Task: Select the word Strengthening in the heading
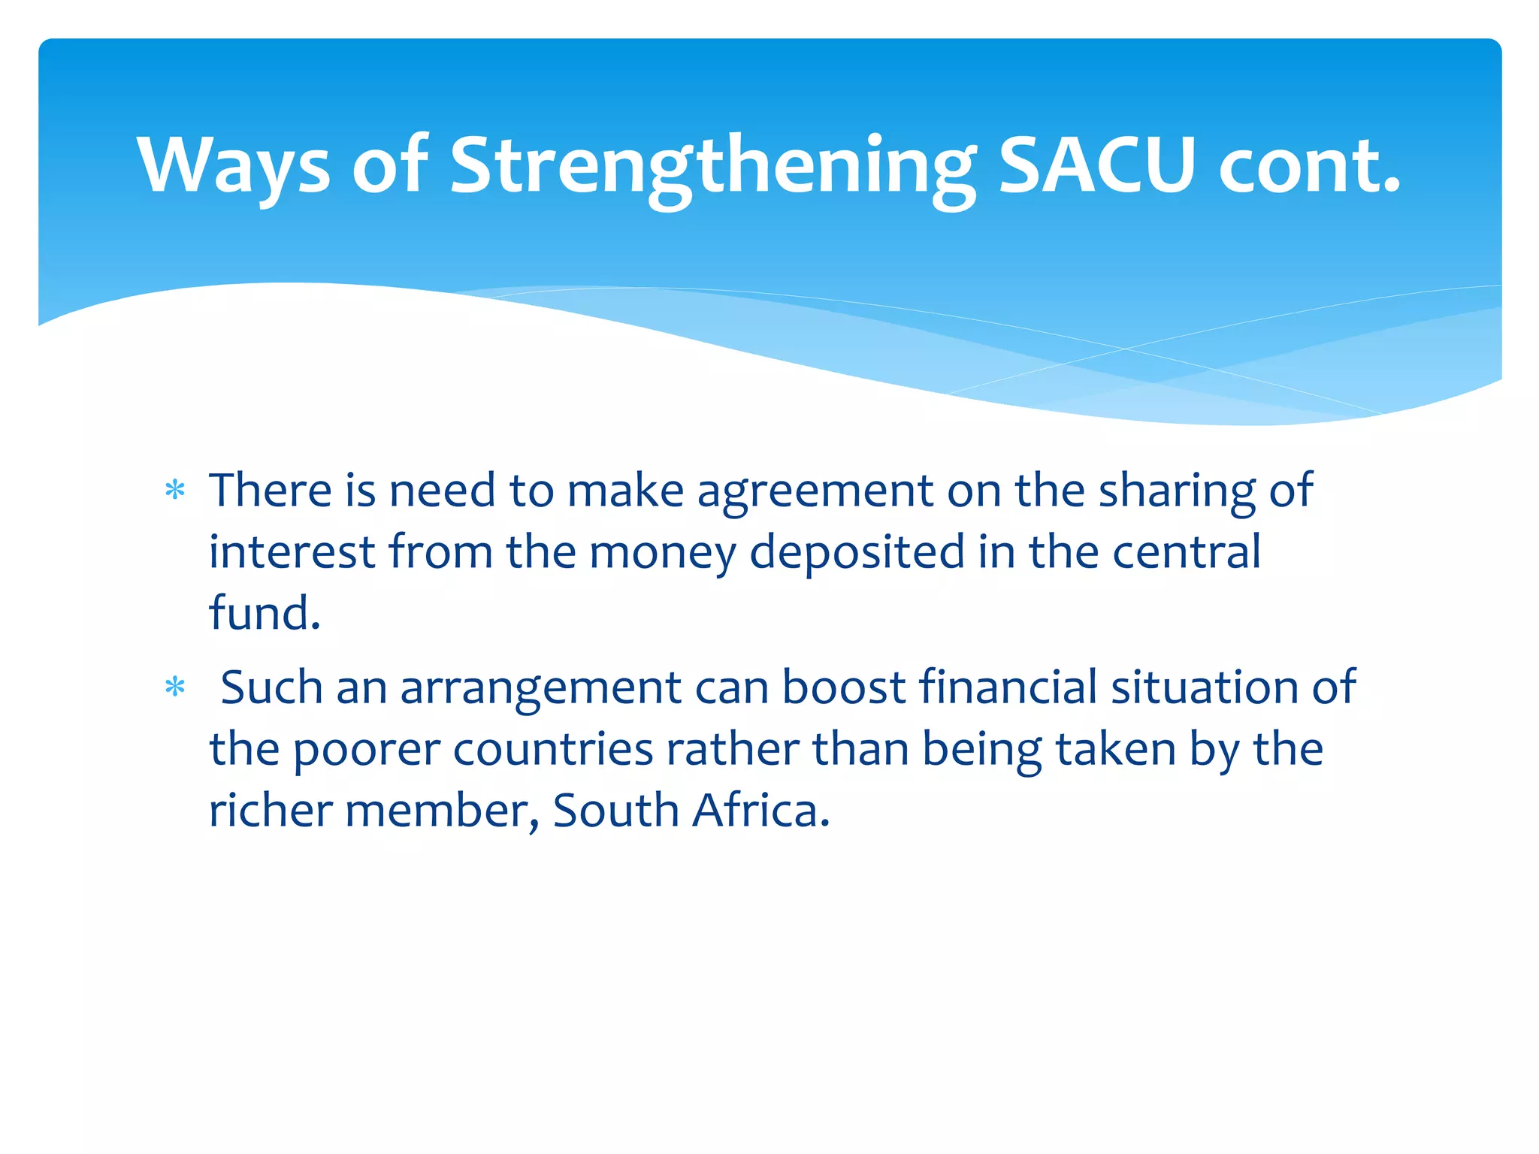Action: pyautogui.click(x=712, y=165)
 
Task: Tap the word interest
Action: pyautogui.click(x=292, y=552)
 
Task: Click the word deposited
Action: pyautogui.click(x=857, y=552)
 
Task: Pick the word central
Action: pyautogui.click(x=1186, y=552)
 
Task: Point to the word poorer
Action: pyautogui.click(x=366, y=750)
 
